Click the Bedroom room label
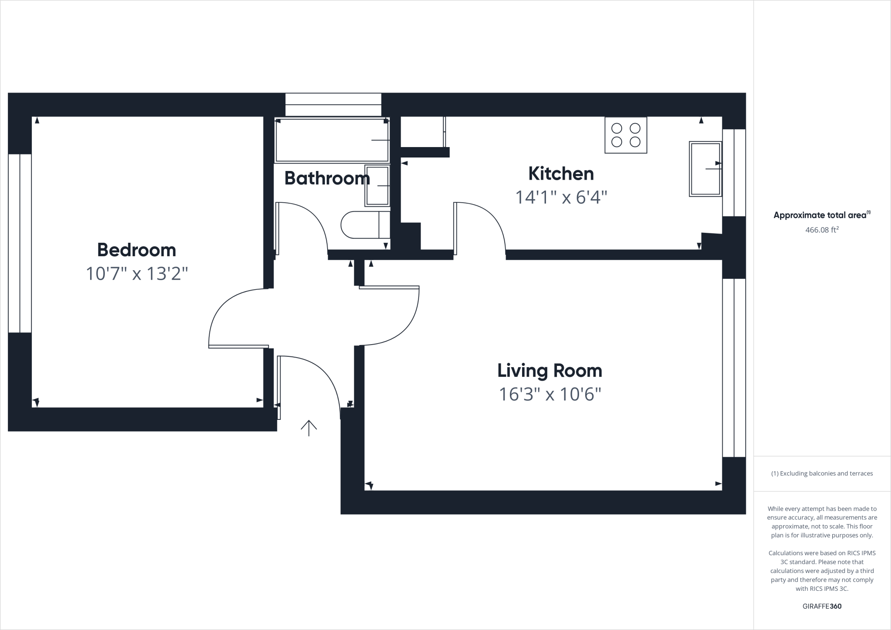click(x=137, y=250)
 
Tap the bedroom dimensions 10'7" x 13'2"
click(x=137, y=274)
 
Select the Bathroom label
click(x=327, y=178)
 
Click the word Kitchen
click(x=561, y=174)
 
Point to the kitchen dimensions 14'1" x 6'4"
click(x=561, y=197)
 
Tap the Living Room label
click(x=549, y=371)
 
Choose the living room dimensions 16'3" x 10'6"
click(x=549, y=394)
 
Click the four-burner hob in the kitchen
click(x=626, y=135)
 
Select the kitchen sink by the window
click(x=705, y=169)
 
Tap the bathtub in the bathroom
click(x=332, y=140)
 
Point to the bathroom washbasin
click(x=377, y=185)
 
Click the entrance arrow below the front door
click(x=308, y=428)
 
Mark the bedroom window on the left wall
click(x=20, y=243)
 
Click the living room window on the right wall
click(x=734, y=368)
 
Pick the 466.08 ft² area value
click(x=821, y=230)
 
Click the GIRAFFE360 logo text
click(x=822, y=606)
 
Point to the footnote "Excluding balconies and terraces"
click(x=822, y=473)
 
